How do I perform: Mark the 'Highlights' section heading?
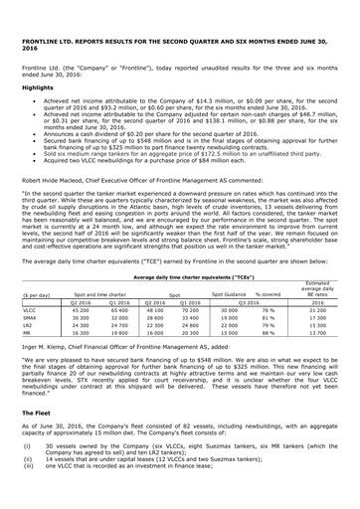pyautogui.click(x=39, y=86)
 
